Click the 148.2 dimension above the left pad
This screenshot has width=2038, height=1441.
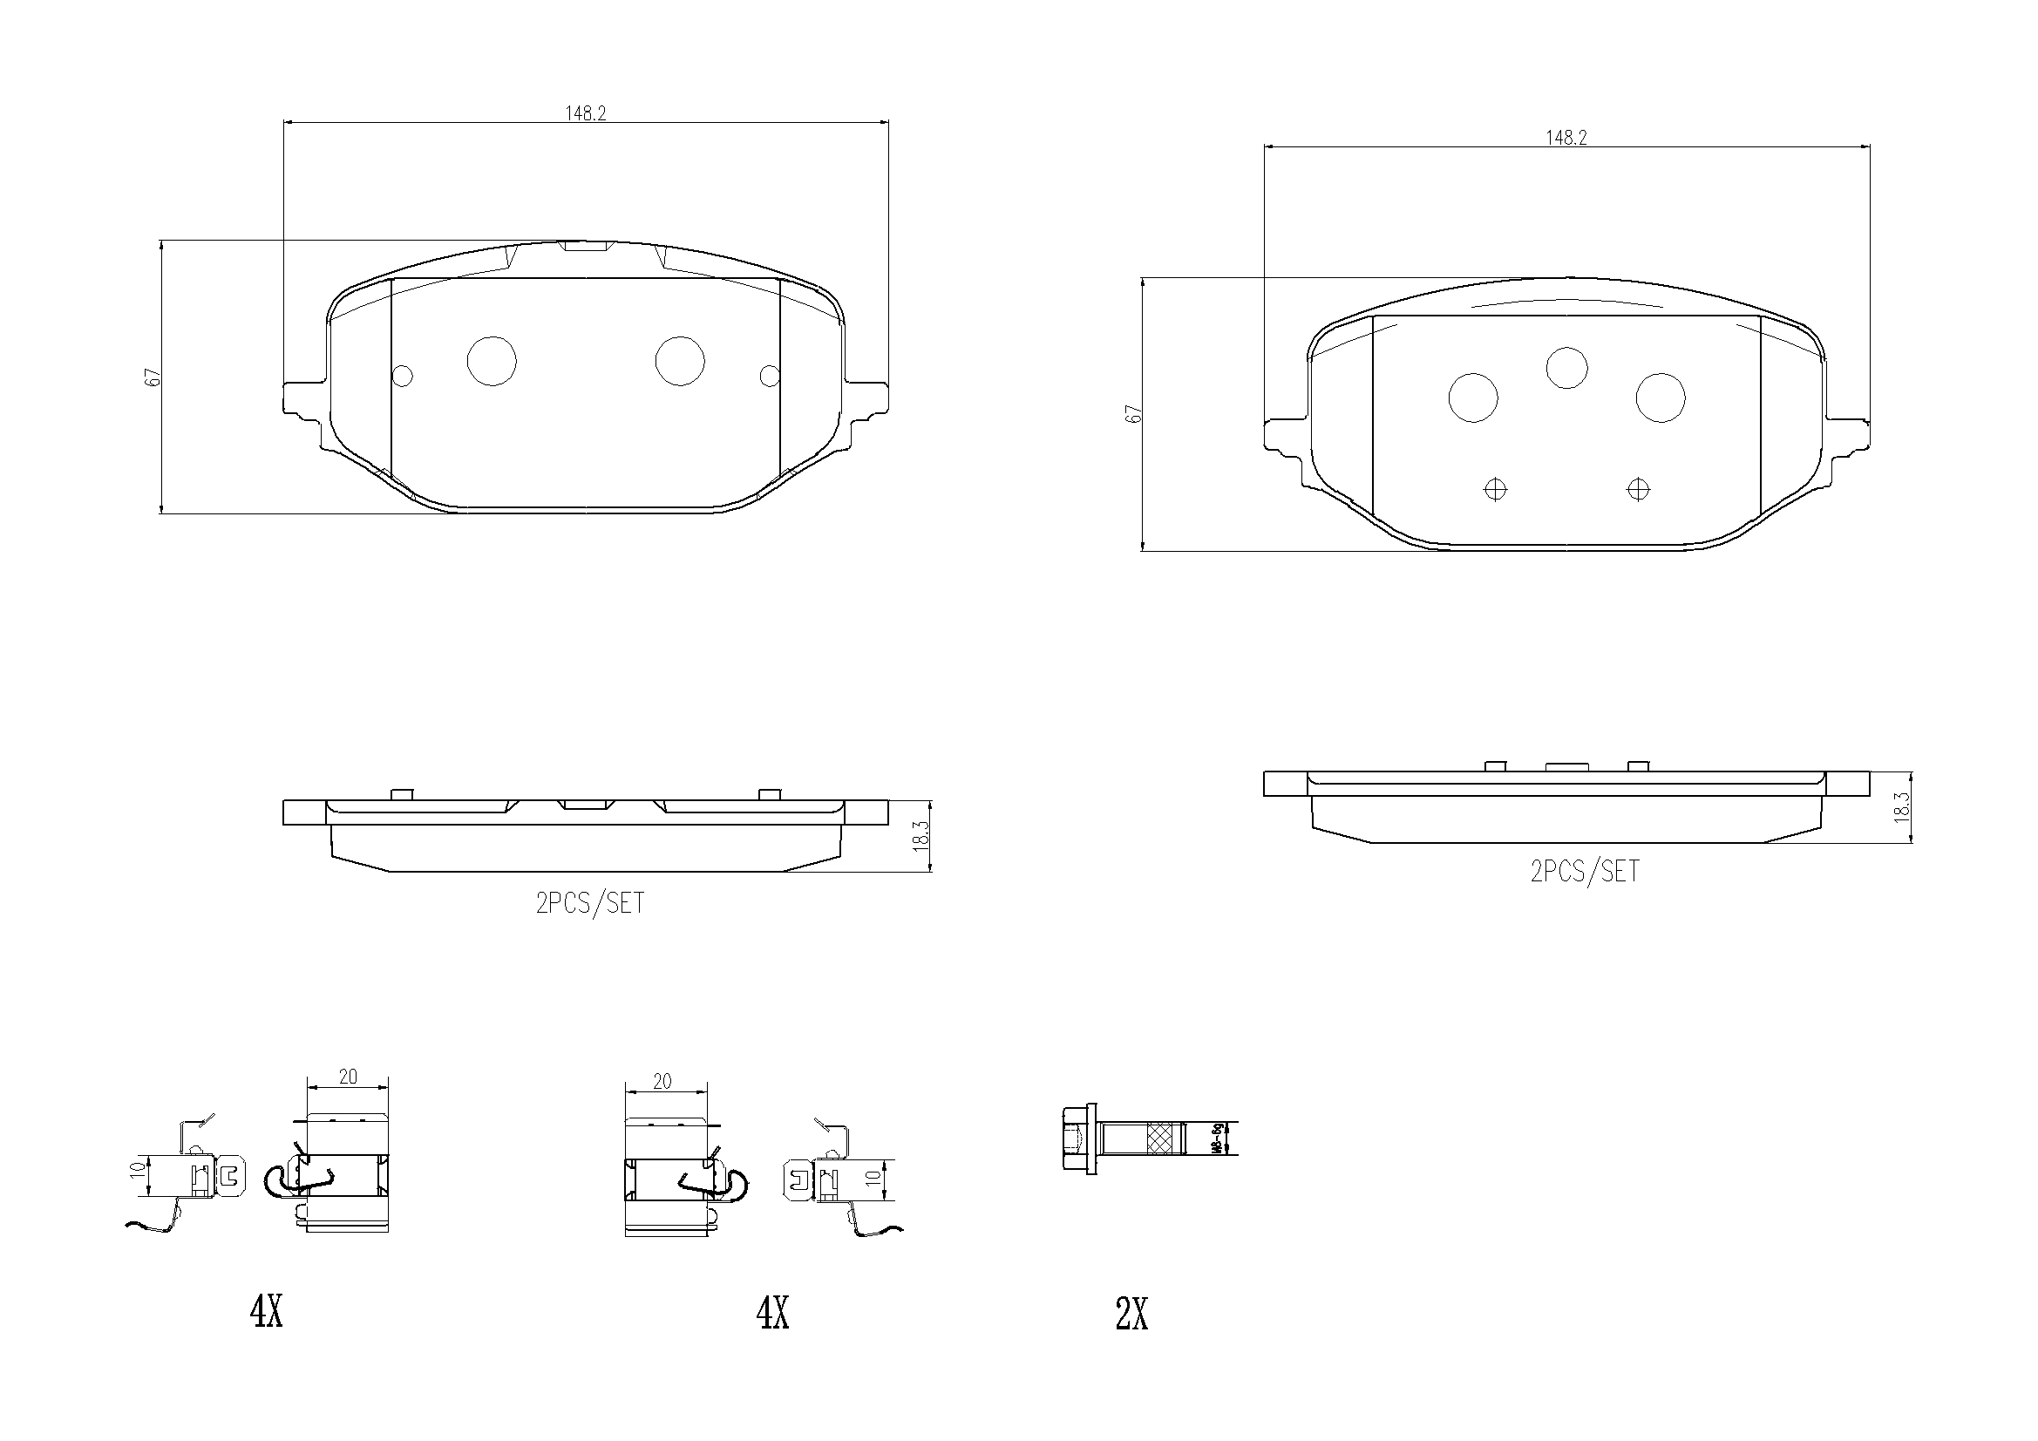click(x=585, y=113)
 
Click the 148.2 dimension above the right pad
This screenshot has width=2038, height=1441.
click(x=1566, y=138)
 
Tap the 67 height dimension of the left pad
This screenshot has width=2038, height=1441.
click(x=153, y=377)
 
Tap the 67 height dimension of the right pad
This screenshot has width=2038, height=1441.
click(x=1133, y=414)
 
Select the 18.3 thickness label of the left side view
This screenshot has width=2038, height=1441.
click(x=920, y=836)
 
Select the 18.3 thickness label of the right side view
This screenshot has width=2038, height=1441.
click(x=1901, y=807)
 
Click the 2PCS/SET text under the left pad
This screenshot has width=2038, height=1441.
click(x=590, y=903)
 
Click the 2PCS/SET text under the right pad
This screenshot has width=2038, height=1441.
click(x=1585, y=871)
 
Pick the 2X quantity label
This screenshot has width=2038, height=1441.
click(x=1131, y=1315)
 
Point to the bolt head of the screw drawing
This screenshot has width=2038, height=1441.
click(x=1078, y=1139)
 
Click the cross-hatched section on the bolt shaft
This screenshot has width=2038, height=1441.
click(x=1158, y=1139)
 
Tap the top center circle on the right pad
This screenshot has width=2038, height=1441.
click(x=1566, y=368)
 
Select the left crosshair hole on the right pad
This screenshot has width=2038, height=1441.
click(x=1496, y=489)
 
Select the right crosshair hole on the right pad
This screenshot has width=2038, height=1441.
click(x=1638, y=489)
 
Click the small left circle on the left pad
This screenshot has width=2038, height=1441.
click(x=402, y=377)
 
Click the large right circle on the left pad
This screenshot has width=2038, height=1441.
click(x=680, y=362)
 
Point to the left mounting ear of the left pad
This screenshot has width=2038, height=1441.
click(x=302, y=398)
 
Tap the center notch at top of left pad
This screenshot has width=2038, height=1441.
click(x=585, y=246)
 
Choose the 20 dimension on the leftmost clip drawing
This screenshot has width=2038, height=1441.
click(x=348, y=1076)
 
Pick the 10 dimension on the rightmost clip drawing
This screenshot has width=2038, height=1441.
click(x=873, y=1179)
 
